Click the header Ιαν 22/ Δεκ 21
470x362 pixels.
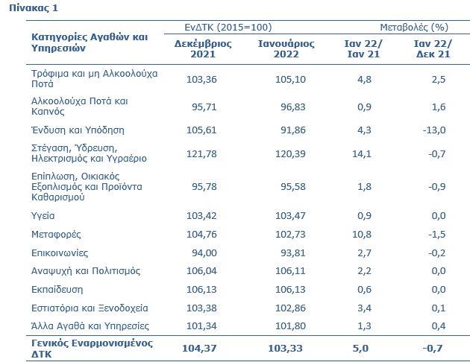432,49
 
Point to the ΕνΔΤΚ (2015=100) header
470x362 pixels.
228,27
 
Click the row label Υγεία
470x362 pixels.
47,216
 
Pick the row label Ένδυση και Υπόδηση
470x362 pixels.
77,130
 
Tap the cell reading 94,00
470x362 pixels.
203,253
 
